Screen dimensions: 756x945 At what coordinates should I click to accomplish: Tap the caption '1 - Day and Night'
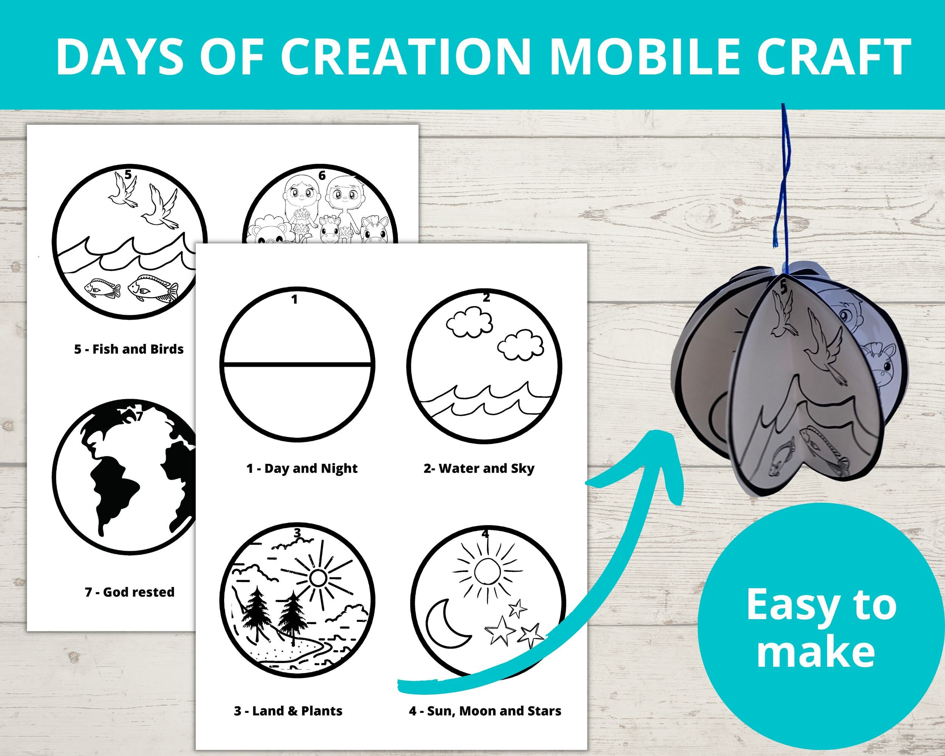(x=302, y=468)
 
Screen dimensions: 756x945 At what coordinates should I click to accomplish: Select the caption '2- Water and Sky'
(x=479, y=468)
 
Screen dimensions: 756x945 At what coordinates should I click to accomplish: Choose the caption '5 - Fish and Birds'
(x=129, y=349)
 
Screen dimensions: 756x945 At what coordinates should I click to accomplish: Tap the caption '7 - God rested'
(x=129, y=592)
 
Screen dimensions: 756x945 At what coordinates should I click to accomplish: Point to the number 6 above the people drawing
(x=322, y=176)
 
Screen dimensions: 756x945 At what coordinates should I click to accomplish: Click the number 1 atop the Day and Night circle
(x=294, y=300)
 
